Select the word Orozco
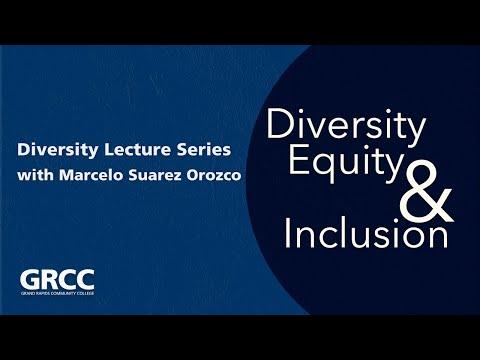point(224,175)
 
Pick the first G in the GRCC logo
point(30,280)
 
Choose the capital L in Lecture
point(107,151)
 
